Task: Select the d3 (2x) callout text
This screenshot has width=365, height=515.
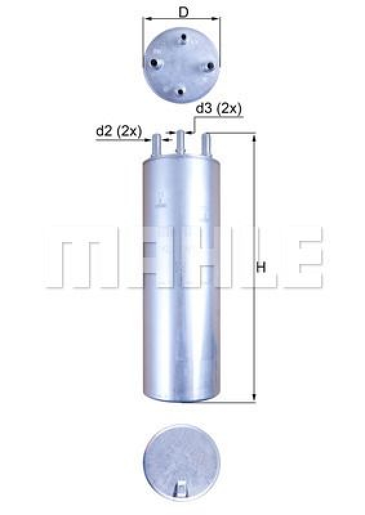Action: [219, 109]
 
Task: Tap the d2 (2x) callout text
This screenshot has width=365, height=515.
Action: [119, 131]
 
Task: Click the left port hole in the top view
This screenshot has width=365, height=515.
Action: [155, 62]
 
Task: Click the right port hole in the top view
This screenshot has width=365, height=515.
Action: [210, 67]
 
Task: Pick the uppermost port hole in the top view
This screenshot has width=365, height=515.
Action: [186, 41]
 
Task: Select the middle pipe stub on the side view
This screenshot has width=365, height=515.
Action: [181, 142]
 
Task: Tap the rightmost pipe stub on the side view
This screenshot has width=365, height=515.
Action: [206, 144]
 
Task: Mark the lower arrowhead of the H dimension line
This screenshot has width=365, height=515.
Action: [254, 398]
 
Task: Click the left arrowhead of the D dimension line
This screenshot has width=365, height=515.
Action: [145, 19]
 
